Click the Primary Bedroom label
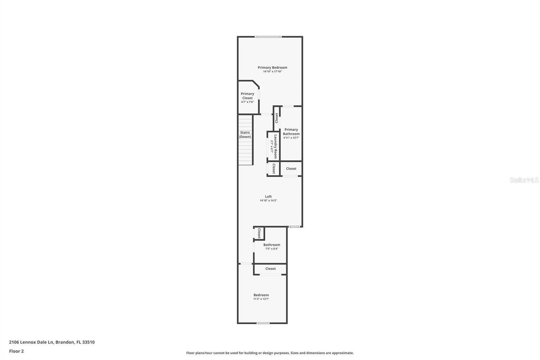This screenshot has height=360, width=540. [x=272, y=68]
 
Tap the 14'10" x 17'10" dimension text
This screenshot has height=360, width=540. [x=272, y=72]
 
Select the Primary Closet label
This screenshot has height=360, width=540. [x=247, y=96]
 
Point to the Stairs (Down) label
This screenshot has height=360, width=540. [x=245, y=134]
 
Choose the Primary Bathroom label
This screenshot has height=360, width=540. [x=291, y=132]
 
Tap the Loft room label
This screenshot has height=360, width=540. [x=268, y=197]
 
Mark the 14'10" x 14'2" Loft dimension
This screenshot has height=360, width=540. [x=268, y=201]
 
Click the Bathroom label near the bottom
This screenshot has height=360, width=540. [x=272, y=245]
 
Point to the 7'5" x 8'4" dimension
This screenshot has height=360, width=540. [x=272, y=249]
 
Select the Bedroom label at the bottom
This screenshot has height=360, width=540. [x=261, y=295]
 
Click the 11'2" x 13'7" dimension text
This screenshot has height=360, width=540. [x=261, y=299]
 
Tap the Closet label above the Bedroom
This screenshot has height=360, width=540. [x=270, y=269]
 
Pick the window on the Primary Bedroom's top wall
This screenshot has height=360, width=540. [x=268, y=37]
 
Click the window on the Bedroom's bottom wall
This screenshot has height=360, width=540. [x=263, y=323]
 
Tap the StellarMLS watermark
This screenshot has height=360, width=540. [x=524, y=180]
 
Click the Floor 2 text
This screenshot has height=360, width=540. [x=16, y=351]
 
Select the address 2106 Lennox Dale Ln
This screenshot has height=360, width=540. [x=52, y=342]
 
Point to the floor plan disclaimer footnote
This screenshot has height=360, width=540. [x=270, y=353]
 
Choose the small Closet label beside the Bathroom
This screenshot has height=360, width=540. [x=259, y=233]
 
